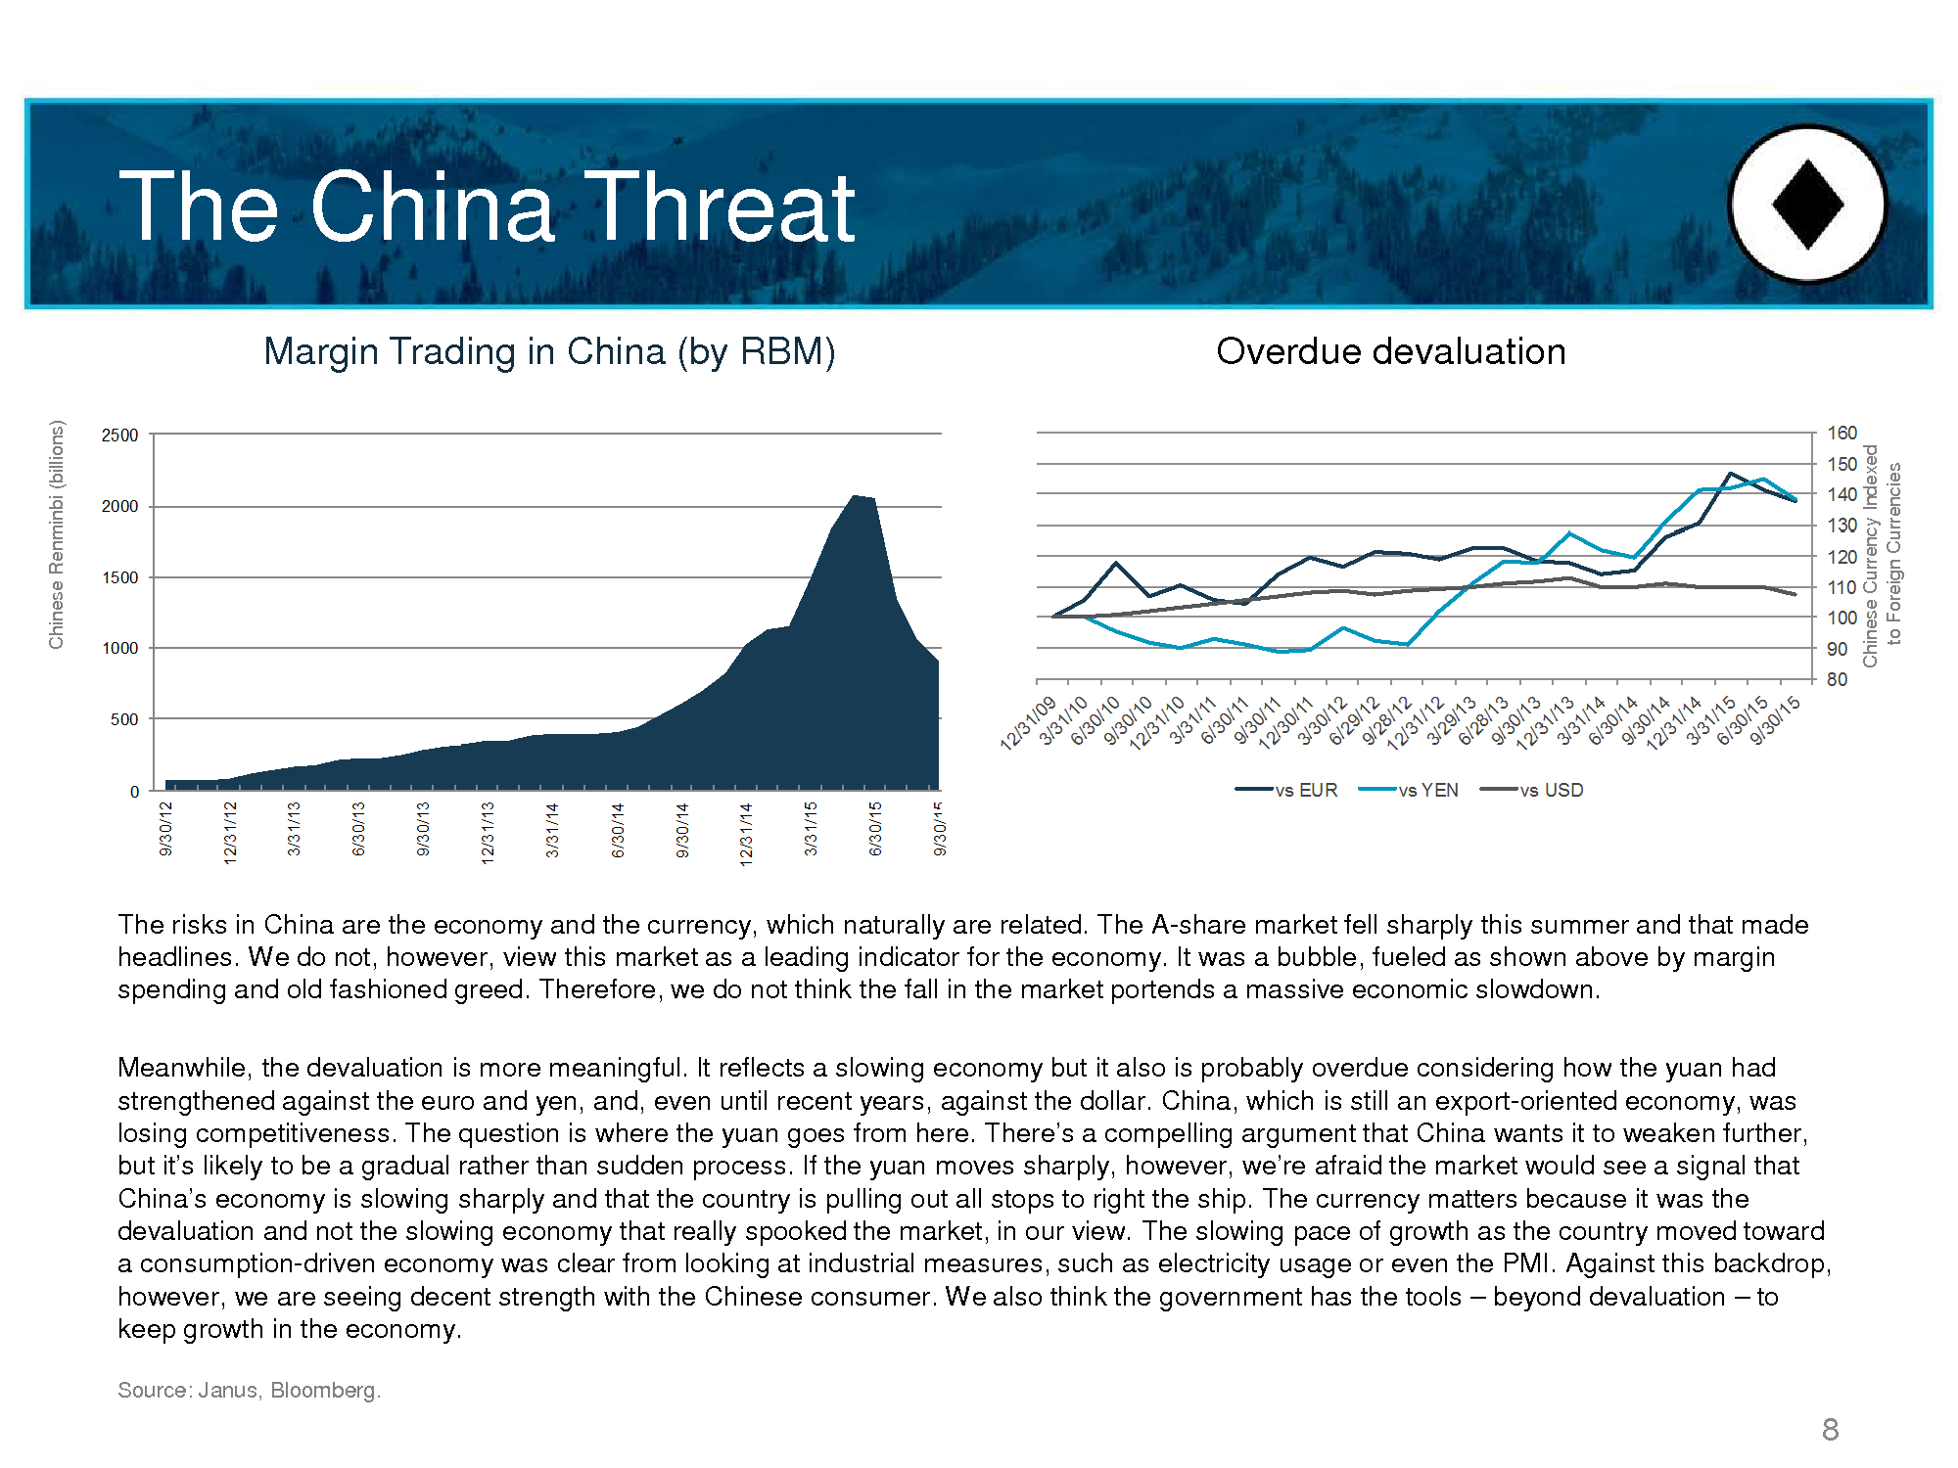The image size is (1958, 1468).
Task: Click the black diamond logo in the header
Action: click(x=1807, y=205)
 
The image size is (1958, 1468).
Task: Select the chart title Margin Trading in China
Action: click(x=549, y=351)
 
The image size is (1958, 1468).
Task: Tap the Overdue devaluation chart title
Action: click(x=1390, y=351)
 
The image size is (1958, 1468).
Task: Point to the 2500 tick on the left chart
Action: click(x=120, y=435)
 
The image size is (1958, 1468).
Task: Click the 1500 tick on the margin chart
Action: click(x=120, y=577)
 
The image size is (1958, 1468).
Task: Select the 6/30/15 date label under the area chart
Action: click(x=875, y=829)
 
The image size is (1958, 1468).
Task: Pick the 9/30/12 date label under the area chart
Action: click(x=165, y=829)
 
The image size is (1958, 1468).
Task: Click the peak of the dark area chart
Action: click(x=854, y=496)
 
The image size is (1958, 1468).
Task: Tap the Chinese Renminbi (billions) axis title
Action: click(x=57, y=534)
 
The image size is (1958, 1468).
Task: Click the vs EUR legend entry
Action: click(x=1286, y=790)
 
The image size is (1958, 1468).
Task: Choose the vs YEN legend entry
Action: click(x=1409, y=790)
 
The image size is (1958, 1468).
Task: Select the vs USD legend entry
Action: click(x=1531, y=790)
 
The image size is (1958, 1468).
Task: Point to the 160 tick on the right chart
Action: click(x=1841, y=433)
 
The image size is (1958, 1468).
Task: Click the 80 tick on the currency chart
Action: click(x=1837, y=679)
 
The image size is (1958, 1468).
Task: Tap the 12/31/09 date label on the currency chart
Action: click(x=1028, y=723)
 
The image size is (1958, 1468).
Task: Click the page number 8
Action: click(x=1830, y=1430)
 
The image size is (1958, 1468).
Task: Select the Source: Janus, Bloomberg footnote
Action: click(x=249, y=1390)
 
